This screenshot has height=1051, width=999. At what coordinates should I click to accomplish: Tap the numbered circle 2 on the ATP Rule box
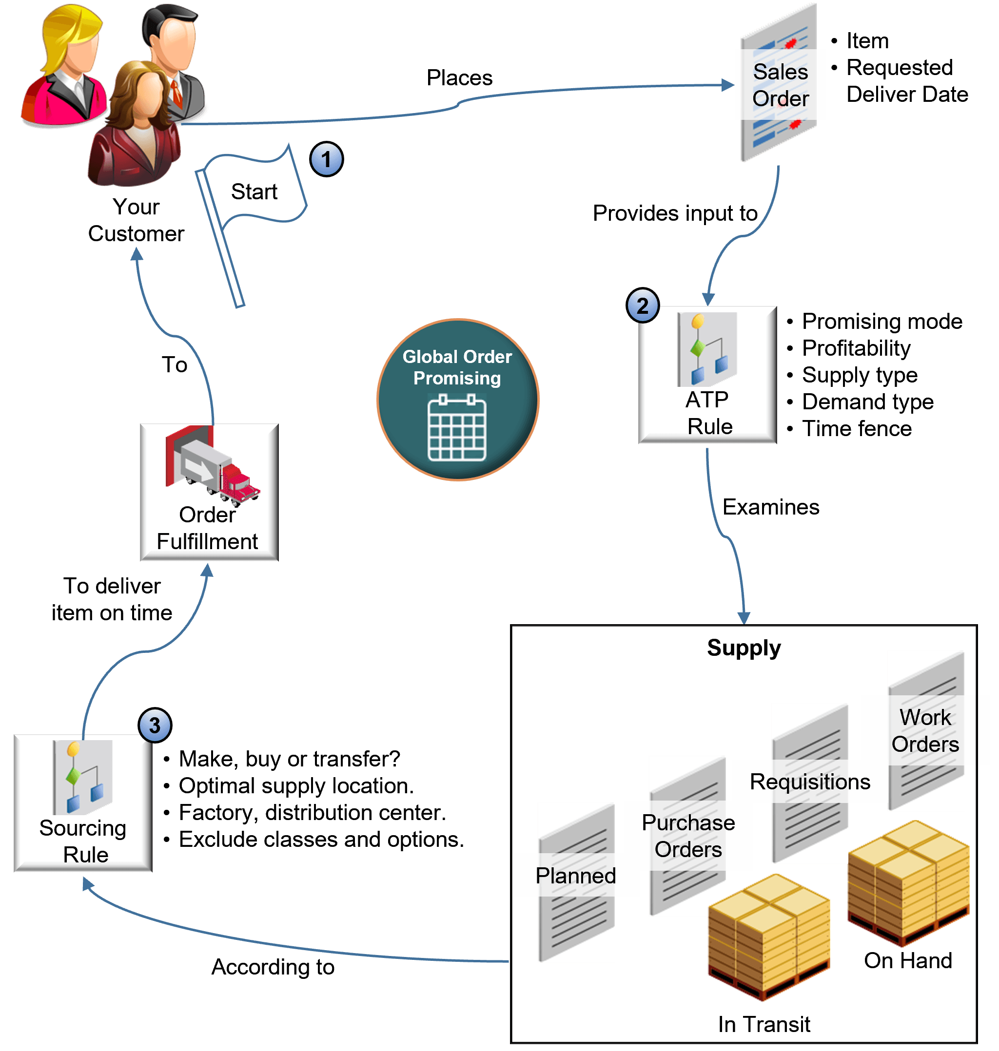point(642,306)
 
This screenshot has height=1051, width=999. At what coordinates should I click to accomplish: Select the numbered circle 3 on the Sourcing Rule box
point(155,725)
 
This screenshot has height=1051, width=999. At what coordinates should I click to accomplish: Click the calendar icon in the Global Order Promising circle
point(457,427)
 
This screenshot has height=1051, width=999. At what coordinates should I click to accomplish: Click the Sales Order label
point(780,85)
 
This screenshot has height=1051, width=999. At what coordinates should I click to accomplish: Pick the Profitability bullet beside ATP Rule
point(856,348)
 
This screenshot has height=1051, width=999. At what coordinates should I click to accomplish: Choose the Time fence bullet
point(856,428)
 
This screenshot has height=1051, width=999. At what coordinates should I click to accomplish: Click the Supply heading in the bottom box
point(744,648)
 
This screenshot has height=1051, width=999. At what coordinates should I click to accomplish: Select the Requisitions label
point(809,781)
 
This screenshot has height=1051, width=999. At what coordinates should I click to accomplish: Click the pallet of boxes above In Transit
point(768,936)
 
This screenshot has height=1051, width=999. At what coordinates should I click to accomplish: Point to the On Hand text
point(907,960)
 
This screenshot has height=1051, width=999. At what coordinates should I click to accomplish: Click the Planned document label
point(575,876)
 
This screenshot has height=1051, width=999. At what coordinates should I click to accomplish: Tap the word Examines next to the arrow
point(770,507)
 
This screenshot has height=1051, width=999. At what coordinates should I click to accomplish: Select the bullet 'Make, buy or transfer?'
point(289,758)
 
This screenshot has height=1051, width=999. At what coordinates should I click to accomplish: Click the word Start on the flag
point(254,191)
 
